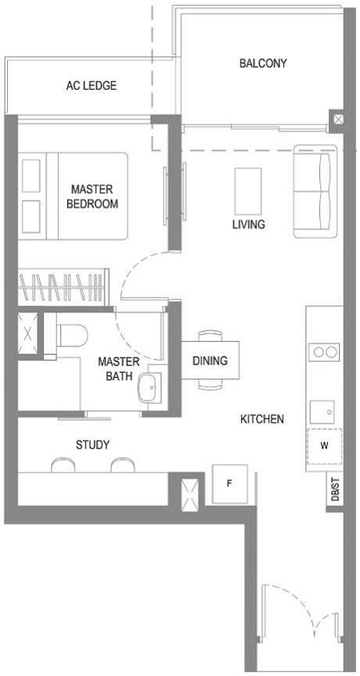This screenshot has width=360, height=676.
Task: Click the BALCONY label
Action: click(x=263, y=63)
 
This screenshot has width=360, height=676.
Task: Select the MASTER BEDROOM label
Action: click(x=92, y=196)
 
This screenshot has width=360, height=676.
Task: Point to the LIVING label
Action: click(x=248, y=225)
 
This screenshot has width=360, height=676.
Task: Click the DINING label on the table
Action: click(x=210, y=361)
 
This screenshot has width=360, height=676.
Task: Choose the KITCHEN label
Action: click(x=261, y=419)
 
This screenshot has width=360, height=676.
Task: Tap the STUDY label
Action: click(x=92, y=445)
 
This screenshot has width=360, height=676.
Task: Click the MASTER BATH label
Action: click(x=119, y=369)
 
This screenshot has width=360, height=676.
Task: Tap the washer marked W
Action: click(x=324, y=448)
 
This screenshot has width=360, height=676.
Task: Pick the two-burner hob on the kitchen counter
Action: click(x=325, y=351)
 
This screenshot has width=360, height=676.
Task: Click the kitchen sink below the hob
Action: click(x=324, y=409)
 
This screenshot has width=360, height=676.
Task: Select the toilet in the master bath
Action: click(x=71, y=333)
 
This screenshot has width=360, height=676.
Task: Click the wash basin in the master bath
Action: click(x=148, y=386)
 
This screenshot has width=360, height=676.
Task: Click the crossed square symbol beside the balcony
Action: click(x=337, y=120)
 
